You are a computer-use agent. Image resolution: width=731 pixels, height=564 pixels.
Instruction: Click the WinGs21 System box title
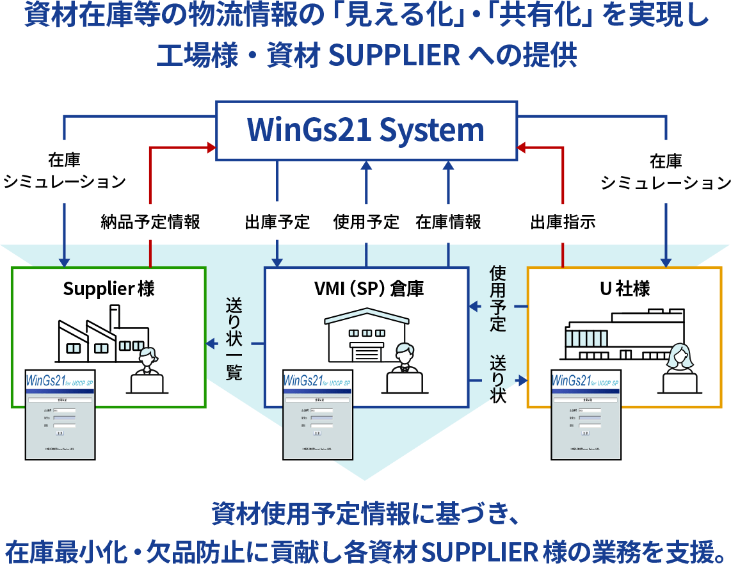[365, 130]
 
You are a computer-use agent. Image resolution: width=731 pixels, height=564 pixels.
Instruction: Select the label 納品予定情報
[150, 222]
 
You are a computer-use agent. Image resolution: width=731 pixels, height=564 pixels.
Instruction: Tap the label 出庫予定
[277, 222]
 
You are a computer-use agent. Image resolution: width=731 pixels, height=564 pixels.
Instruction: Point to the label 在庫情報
[448, 222]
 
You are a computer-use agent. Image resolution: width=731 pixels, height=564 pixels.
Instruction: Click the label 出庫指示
[563, 222]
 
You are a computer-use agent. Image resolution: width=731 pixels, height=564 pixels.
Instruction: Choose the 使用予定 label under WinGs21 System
[366, 222]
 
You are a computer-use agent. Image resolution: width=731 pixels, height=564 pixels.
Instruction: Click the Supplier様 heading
[109, 289]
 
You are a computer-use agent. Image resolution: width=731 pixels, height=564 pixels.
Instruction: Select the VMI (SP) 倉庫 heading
[365, 289]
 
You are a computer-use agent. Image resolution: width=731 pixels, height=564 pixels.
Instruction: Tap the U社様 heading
[624, 289]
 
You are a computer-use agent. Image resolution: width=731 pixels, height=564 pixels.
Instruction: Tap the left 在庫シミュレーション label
[64, 171]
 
